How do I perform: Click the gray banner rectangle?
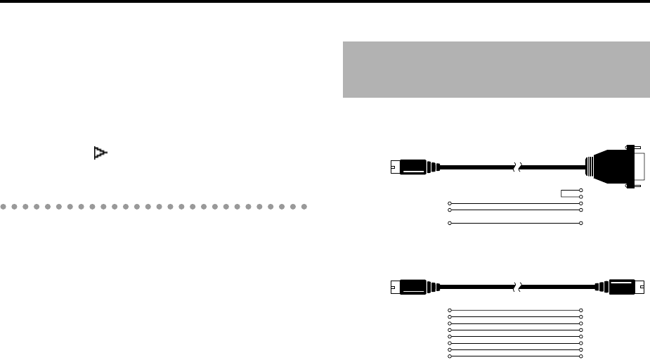point(496,70)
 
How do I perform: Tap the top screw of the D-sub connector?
point(636,150)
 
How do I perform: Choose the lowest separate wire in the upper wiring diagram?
point(515,223)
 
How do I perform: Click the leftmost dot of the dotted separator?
point(4,207)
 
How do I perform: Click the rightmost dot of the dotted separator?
point(305,207)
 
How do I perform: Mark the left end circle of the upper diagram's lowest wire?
point(450,223)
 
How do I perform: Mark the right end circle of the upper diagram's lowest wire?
point(581,223)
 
